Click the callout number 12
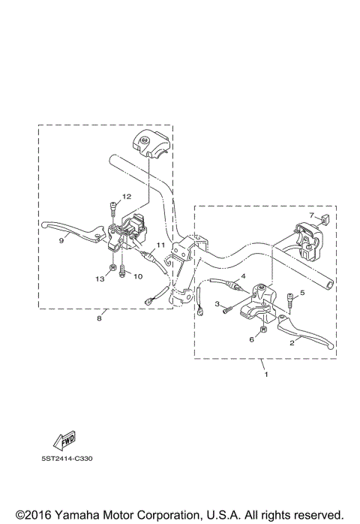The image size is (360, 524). (x=127, y=196)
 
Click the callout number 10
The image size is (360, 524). (x=137, y=276)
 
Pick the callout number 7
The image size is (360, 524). (x=312, y=215)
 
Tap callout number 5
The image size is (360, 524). (x=302, y=293)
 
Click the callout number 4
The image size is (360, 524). (x=243, y=277)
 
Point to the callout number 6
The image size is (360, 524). (x=252, y=339)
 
